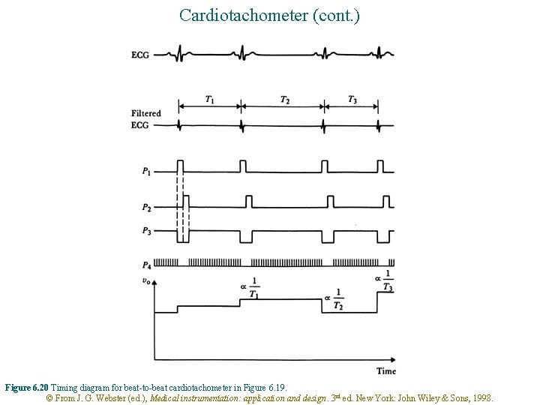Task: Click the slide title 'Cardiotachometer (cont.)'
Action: [270, 14]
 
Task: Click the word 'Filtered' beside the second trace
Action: [146, 114]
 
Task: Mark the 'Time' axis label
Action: [386, 370]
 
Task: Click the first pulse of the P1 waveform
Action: [181, 166]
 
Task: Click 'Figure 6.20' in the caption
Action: [27, 388]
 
